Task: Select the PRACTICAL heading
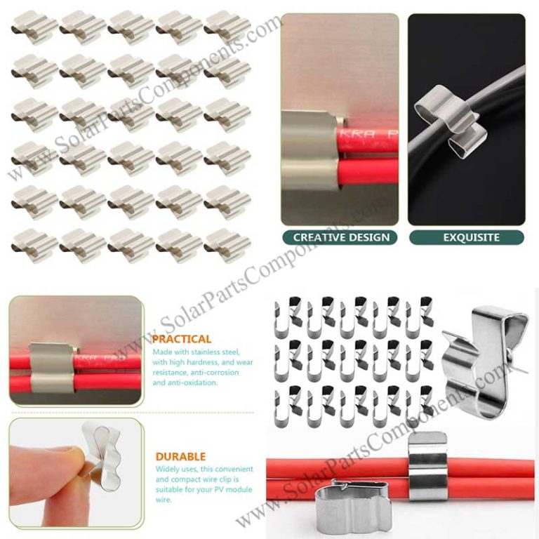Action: [181, 339]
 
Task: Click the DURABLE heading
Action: [179, 457]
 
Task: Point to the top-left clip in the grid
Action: [34, 26]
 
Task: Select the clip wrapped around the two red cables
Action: [427, 466]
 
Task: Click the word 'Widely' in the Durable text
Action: [165, 468]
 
